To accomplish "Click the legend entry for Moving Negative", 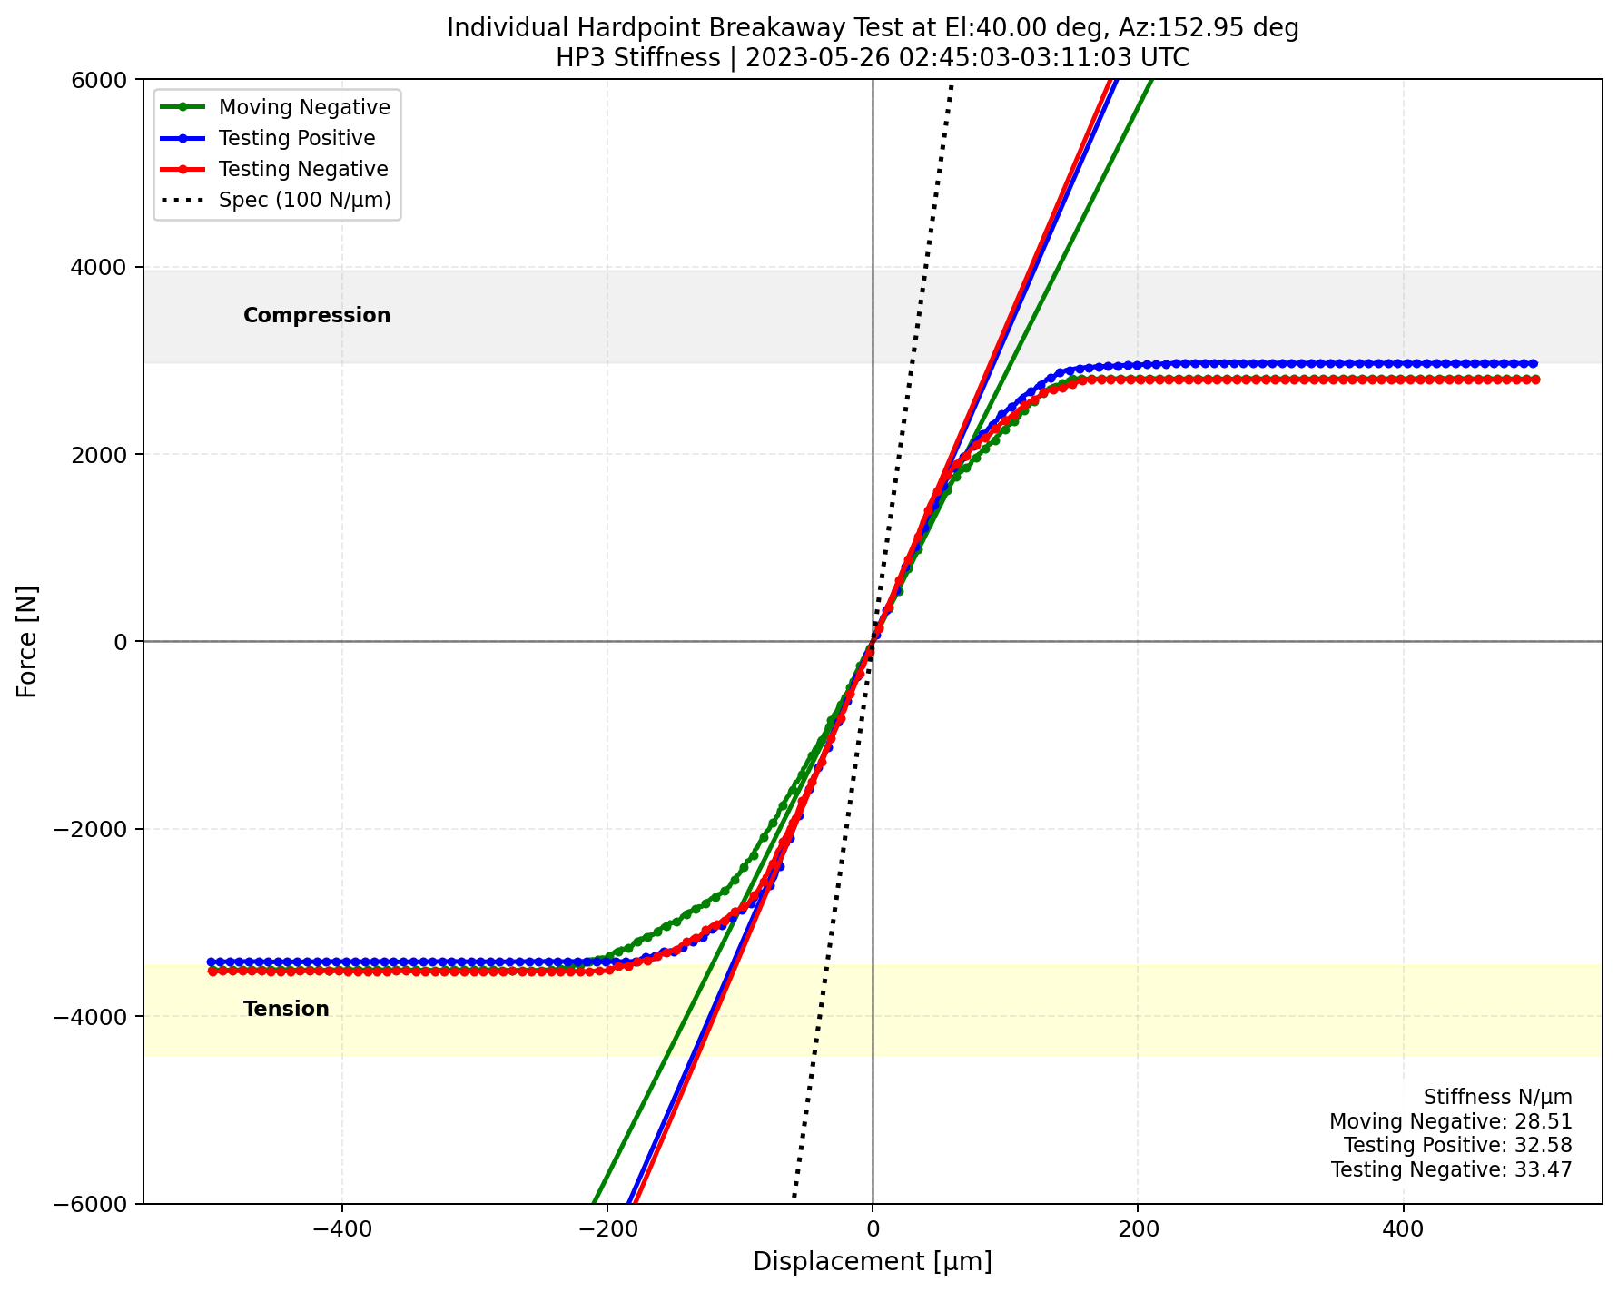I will click(304, 107).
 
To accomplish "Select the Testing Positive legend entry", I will click(297, 138).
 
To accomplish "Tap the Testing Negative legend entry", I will click(303, 169).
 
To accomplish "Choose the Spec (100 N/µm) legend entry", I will click(304, 200).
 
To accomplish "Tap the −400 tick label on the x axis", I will click(341, 1233).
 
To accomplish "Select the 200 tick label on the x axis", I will click(1138, 1233).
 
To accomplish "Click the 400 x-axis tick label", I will click(1404, 1233).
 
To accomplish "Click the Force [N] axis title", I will click(28, 641).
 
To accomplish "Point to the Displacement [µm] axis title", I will click(872, 1262).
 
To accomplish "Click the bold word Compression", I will click(317, 316).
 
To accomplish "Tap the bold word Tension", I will click(286, 1010).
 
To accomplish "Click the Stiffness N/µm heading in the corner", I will click(1497, 1098).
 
